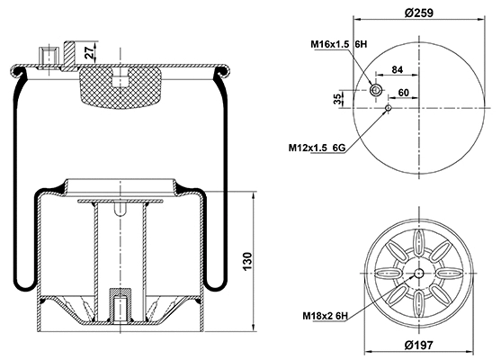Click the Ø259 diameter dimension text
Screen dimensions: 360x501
pyautogui.click(x=418, y=13)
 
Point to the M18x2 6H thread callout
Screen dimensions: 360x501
pyautogui.click(x=326, y=315)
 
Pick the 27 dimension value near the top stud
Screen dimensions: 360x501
pyautogui.click(x=87, y=53)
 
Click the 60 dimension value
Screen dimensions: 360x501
pyautogui.click(x=404, y=93)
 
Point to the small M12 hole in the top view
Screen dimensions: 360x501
pyautogui.click(x=388, y=109)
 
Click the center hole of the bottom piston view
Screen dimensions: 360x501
pyautogui.click(x=419, y=274)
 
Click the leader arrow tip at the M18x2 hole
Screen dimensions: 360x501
pyautogui.click(x=415, y=279)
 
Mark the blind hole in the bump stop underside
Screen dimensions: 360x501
pyautogui.click(x=119, y=82)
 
